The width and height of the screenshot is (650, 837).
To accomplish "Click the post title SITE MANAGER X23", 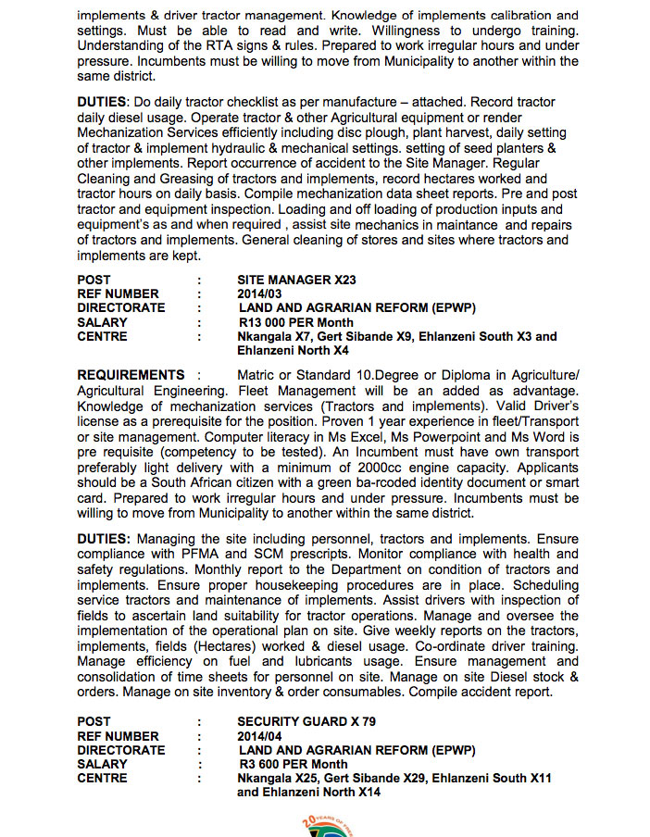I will (x=296, y=280).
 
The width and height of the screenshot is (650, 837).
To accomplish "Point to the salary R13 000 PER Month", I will (x=295, y=322).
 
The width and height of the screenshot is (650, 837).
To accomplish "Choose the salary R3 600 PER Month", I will (x=293, y=764).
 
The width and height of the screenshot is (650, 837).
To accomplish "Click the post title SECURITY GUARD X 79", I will (x=306, y=721).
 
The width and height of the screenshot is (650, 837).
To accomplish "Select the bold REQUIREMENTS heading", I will (x=131, y=375).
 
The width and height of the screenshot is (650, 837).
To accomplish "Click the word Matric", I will (x=260, y=375).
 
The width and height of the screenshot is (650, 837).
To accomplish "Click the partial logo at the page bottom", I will (x=323, y=825).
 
